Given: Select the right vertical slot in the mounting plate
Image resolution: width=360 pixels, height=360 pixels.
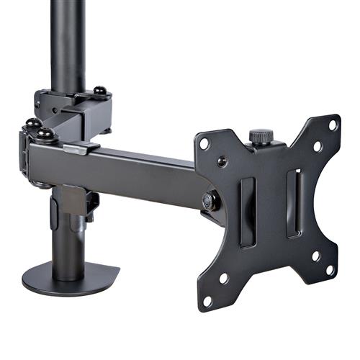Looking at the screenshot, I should (293, 203).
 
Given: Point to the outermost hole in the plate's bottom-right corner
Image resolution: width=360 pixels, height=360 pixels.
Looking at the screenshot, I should (332, 270).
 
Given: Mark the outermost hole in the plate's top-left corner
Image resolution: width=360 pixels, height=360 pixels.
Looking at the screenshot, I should (204, 143).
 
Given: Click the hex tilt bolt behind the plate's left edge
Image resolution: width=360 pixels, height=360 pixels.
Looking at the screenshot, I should (210, 202).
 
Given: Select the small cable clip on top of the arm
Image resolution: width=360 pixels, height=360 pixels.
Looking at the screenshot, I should (81, 148).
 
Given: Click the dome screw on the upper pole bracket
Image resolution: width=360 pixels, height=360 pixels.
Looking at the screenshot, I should (101, 91).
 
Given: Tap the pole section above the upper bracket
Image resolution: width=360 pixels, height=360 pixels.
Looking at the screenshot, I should (68, 43).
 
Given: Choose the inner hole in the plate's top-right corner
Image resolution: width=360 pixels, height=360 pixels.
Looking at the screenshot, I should (317, 146).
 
